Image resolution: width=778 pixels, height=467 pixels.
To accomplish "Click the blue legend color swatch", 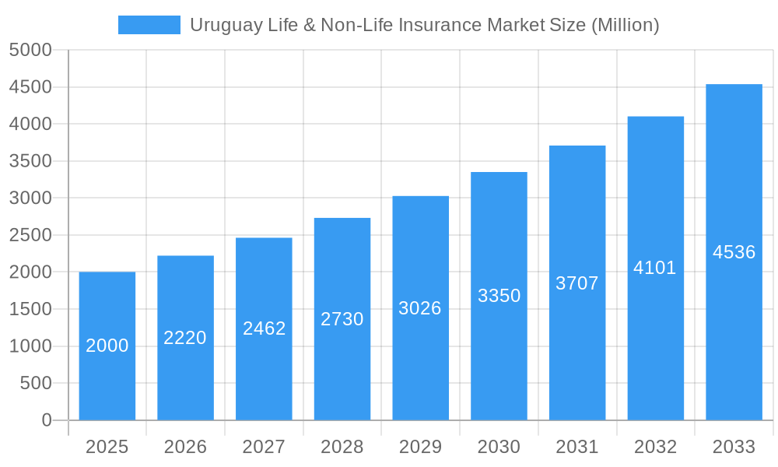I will tap(149, 25).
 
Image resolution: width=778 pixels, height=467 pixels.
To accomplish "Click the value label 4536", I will tap(734, 252).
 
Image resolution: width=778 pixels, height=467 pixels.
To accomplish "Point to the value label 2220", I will tap(185, 338).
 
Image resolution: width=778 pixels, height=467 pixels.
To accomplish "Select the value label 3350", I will tap(499, 296).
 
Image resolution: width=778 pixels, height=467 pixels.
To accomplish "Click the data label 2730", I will tap(342, 319).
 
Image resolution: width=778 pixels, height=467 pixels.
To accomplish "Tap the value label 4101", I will tap(655, 268).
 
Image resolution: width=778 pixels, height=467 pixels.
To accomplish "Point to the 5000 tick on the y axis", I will tap(30, 51).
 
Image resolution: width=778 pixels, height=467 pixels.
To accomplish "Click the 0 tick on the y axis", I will tap(46, 420).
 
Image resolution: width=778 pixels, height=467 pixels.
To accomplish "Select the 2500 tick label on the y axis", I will tap(30, 235).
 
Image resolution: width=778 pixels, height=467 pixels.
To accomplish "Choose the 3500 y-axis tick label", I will tap(30, 161).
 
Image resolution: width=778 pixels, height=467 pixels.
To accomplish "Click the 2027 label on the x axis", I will tap(264, 447).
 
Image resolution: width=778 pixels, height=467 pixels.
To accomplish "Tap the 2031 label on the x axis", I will tap(577, 447).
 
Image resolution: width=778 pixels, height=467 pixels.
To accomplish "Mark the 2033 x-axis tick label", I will tap(734, 447).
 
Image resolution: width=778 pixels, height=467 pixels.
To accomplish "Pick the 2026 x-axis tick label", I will tap(185, 447).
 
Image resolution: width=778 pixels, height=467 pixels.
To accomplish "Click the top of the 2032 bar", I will tap(655, 118).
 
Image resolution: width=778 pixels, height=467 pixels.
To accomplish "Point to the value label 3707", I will tap(577, 283).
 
